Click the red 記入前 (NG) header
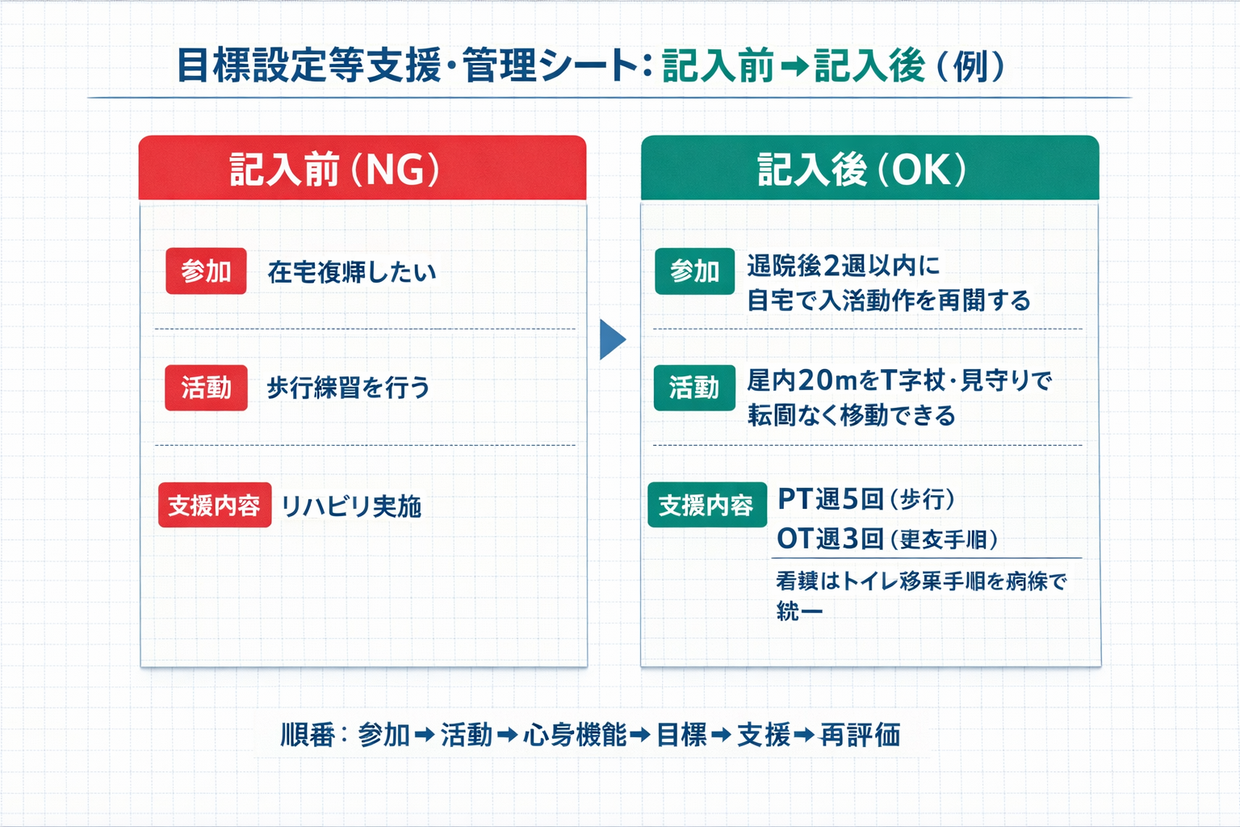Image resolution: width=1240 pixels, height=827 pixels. pyautogui.click(x=362, y=168)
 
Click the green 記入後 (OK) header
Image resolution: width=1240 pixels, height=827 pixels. pyautogui.click(x=869, y=168)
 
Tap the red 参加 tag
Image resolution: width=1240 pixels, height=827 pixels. pyautogui.click(x=206, y=271)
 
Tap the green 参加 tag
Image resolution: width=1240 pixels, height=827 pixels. pyautogui.click(x=694, y=271)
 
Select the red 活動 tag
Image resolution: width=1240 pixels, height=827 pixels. pyautogui.click(x=206, y=388)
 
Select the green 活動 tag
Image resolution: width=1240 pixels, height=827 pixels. pyautogui.click(x=694, y=388)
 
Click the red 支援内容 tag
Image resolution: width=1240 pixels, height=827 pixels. pyautogui.click(x=214, y=506)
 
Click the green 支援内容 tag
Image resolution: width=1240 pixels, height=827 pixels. pyautogui.click(x=706, y=506)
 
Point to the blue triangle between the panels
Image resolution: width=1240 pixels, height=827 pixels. pyautogui.click(x=612, y=339)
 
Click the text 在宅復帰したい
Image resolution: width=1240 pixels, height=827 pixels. pyautogui.click(x=352, y=272)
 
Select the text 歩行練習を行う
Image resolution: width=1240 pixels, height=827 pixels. pyautogui.click(x=348, y=388)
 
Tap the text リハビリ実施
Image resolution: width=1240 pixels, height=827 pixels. pyautogui.click(x=351, y=506)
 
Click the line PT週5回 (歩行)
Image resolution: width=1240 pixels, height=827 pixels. pyautogui.click(x=865, y=499)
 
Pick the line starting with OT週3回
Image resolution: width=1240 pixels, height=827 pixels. pyautogui.click(x=886, y=539)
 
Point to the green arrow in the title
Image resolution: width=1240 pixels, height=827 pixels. pyautogui.click(x=794, y=67)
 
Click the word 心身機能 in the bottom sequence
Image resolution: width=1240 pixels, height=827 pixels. pyautogui.click(x=575, y=735)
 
